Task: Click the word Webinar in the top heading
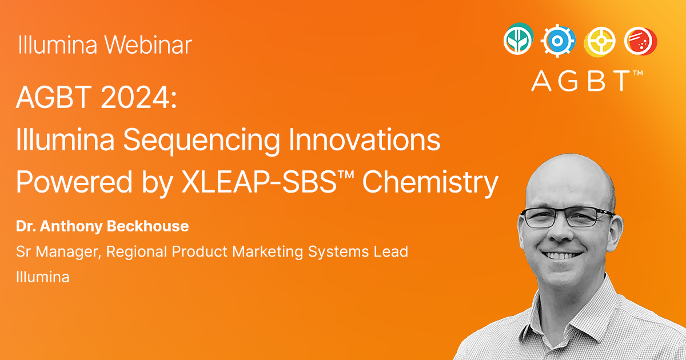tap(148, 45)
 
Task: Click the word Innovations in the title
tap(365, 139)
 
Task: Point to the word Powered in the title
tap(74, 182)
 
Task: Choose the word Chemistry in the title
tap(430, 183)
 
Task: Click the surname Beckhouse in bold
tap(147, 226)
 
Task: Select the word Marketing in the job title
tap(268, 252)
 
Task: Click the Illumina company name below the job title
tap(42, 277)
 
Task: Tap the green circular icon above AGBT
tap(519, 39)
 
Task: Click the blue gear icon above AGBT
tap(557, 41)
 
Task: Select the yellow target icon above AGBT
tap(600, 42)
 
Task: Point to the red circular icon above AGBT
tap(641, 41)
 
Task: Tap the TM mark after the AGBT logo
tap(637, 73)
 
